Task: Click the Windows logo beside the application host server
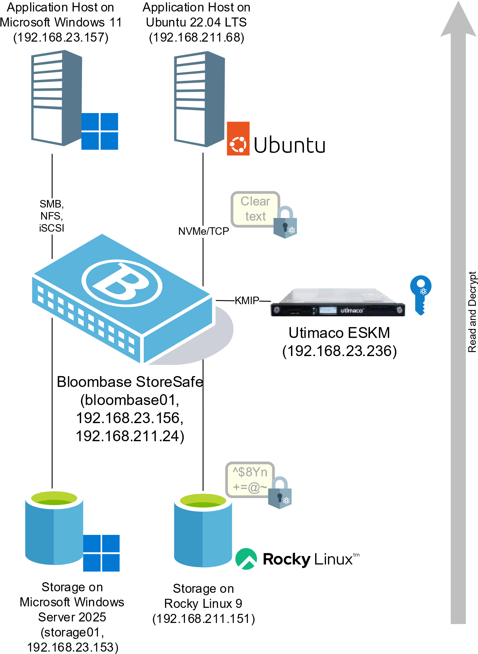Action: (x=100, y=131)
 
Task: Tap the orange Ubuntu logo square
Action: (x=238, y=139)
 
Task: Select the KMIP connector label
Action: (x=247, y=300)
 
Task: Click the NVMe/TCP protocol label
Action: (x=204, y=231)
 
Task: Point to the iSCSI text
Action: (x=52, y=228)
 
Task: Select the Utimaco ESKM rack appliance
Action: (x=338, y=302)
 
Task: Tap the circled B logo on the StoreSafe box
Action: (x=122, y=283)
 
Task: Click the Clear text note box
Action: (x=255, y=209)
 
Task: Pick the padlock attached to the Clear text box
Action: (x=285, y=222)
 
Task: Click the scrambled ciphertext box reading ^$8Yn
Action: (x=250, y=480)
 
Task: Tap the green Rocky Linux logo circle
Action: (x=246, y=559)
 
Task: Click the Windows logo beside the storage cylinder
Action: (x=101, y=553)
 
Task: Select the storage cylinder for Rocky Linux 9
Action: (x=203, y=530)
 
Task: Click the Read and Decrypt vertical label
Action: (x=472, y=312)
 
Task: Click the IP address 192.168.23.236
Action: (x=339, y=351)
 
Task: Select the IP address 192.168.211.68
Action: (x=196, y=37)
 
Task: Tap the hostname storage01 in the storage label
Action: (x=72, y=632)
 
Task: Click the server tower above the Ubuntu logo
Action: (x=199, y=99)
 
